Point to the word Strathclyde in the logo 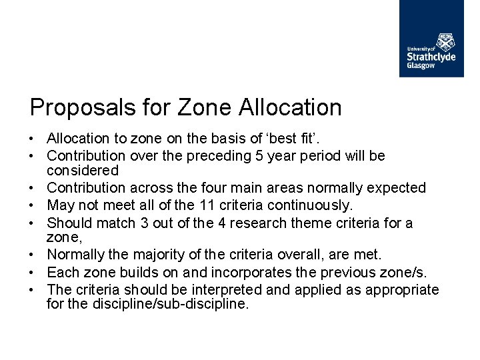pos(431,57)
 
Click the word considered pos(83,171)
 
